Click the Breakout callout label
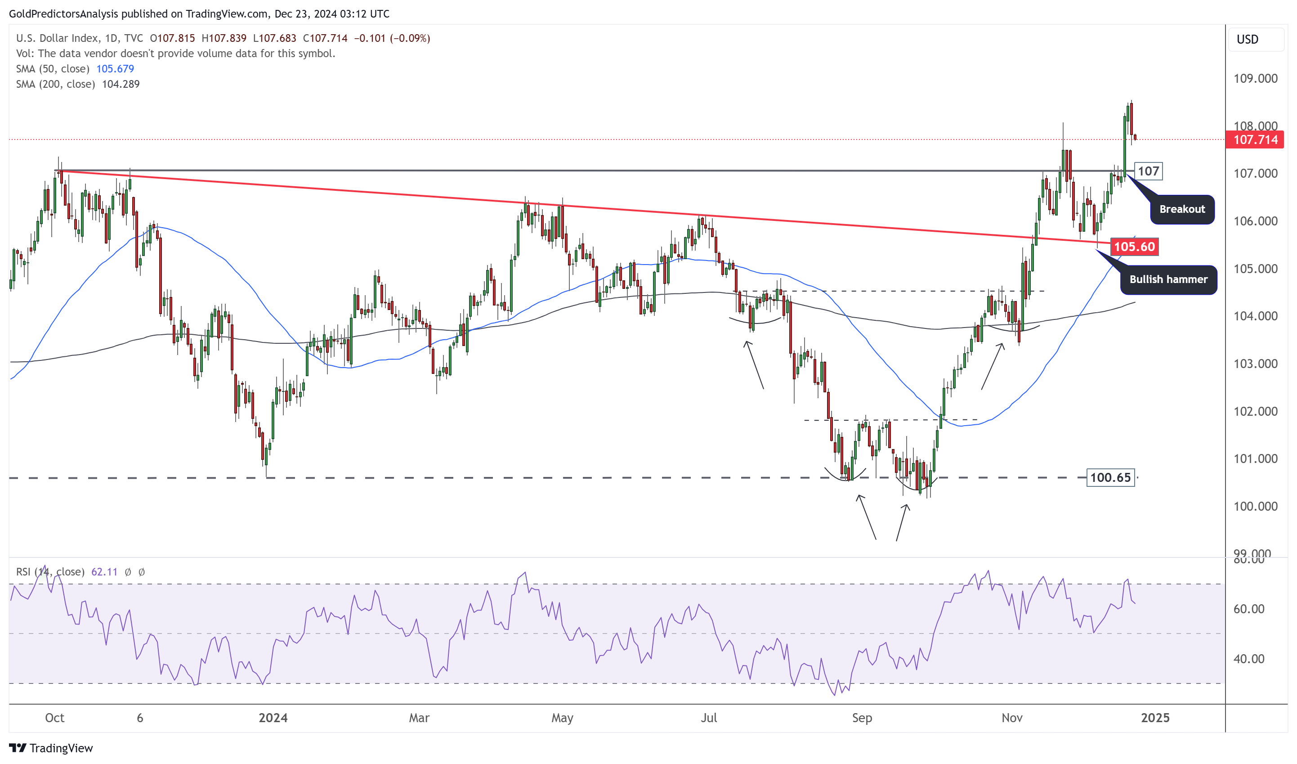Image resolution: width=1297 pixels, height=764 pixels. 1182,210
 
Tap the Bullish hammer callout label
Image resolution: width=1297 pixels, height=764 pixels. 1168,279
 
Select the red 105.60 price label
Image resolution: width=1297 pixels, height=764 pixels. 1134,247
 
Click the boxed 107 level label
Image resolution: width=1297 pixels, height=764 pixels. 1148,171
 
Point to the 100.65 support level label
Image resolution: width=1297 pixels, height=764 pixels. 1110,478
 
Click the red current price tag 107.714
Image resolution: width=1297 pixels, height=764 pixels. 1255,139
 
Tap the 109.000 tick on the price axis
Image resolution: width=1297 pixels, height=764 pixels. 1255,79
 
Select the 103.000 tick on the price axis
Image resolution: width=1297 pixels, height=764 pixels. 1255,364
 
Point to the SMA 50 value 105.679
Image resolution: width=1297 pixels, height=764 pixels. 115,69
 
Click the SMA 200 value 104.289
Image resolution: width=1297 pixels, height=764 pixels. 121,84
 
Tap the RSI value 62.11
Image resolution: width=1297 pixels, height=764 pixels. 104,572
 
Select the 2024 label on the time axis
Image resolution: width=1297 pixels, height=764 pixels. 273,718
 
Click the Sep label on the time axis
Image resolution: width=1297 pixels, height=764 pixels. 862,718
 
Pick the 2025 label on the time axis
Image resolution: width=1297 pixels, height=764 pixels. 1155,718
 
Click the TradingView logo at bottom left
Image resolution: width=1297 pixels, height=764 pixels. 51,748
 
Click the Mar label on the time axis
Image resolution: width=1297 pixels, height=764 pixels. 419,718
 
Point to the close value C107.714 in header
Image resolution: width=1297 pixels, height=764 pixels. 325,39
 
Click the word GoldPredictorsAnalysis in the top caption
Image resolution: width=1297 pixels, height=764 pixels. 63,14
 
